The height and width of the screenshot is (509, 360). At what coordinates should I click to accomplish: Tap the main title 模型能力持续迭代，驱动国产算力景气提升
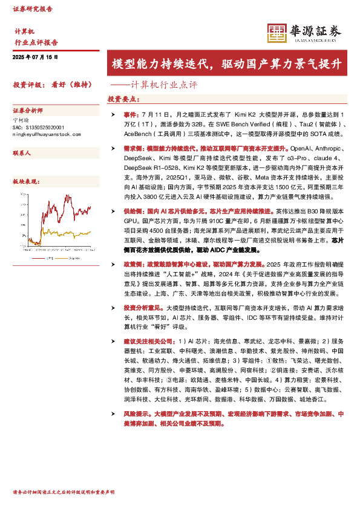(x=226, y=64)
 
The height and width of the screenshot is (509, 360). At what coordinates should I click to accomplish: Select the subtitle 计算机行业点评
(x=164, y=85)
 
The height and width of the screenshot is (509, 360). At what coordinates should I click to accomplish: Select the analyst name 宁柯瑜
(x=21, y=120)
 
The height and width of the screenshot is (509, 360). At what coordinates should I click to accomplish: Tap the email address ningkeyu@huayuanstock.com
(x=46, y=134)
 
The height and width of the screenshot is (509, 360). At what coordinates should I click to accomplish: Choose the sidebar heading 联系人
(x=22, y=154)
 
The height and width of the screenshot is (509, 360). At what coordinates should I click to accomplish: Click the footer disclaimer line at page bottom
(x=64, y=493)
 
